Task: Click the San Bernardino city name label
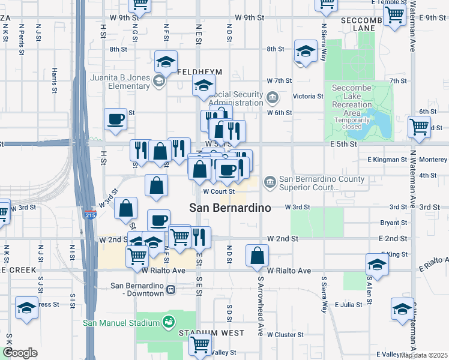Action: [x=230, y=208]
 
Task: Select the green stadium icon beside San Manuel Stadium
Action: [x=170, y=323]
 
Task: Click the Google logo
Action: [x=20, y=353]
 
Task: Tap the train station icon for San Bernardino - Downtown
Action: [x=171, y=290]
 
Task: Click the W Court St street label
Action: [x=218, y=191]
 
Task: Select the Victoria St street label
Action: [x=308, y=96]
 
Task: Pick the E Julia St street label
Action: [x=349, y=305]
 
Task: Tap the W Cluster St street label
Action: [x=286, y=334]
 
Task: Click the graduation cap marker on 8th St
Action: [x=306, y=53]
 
